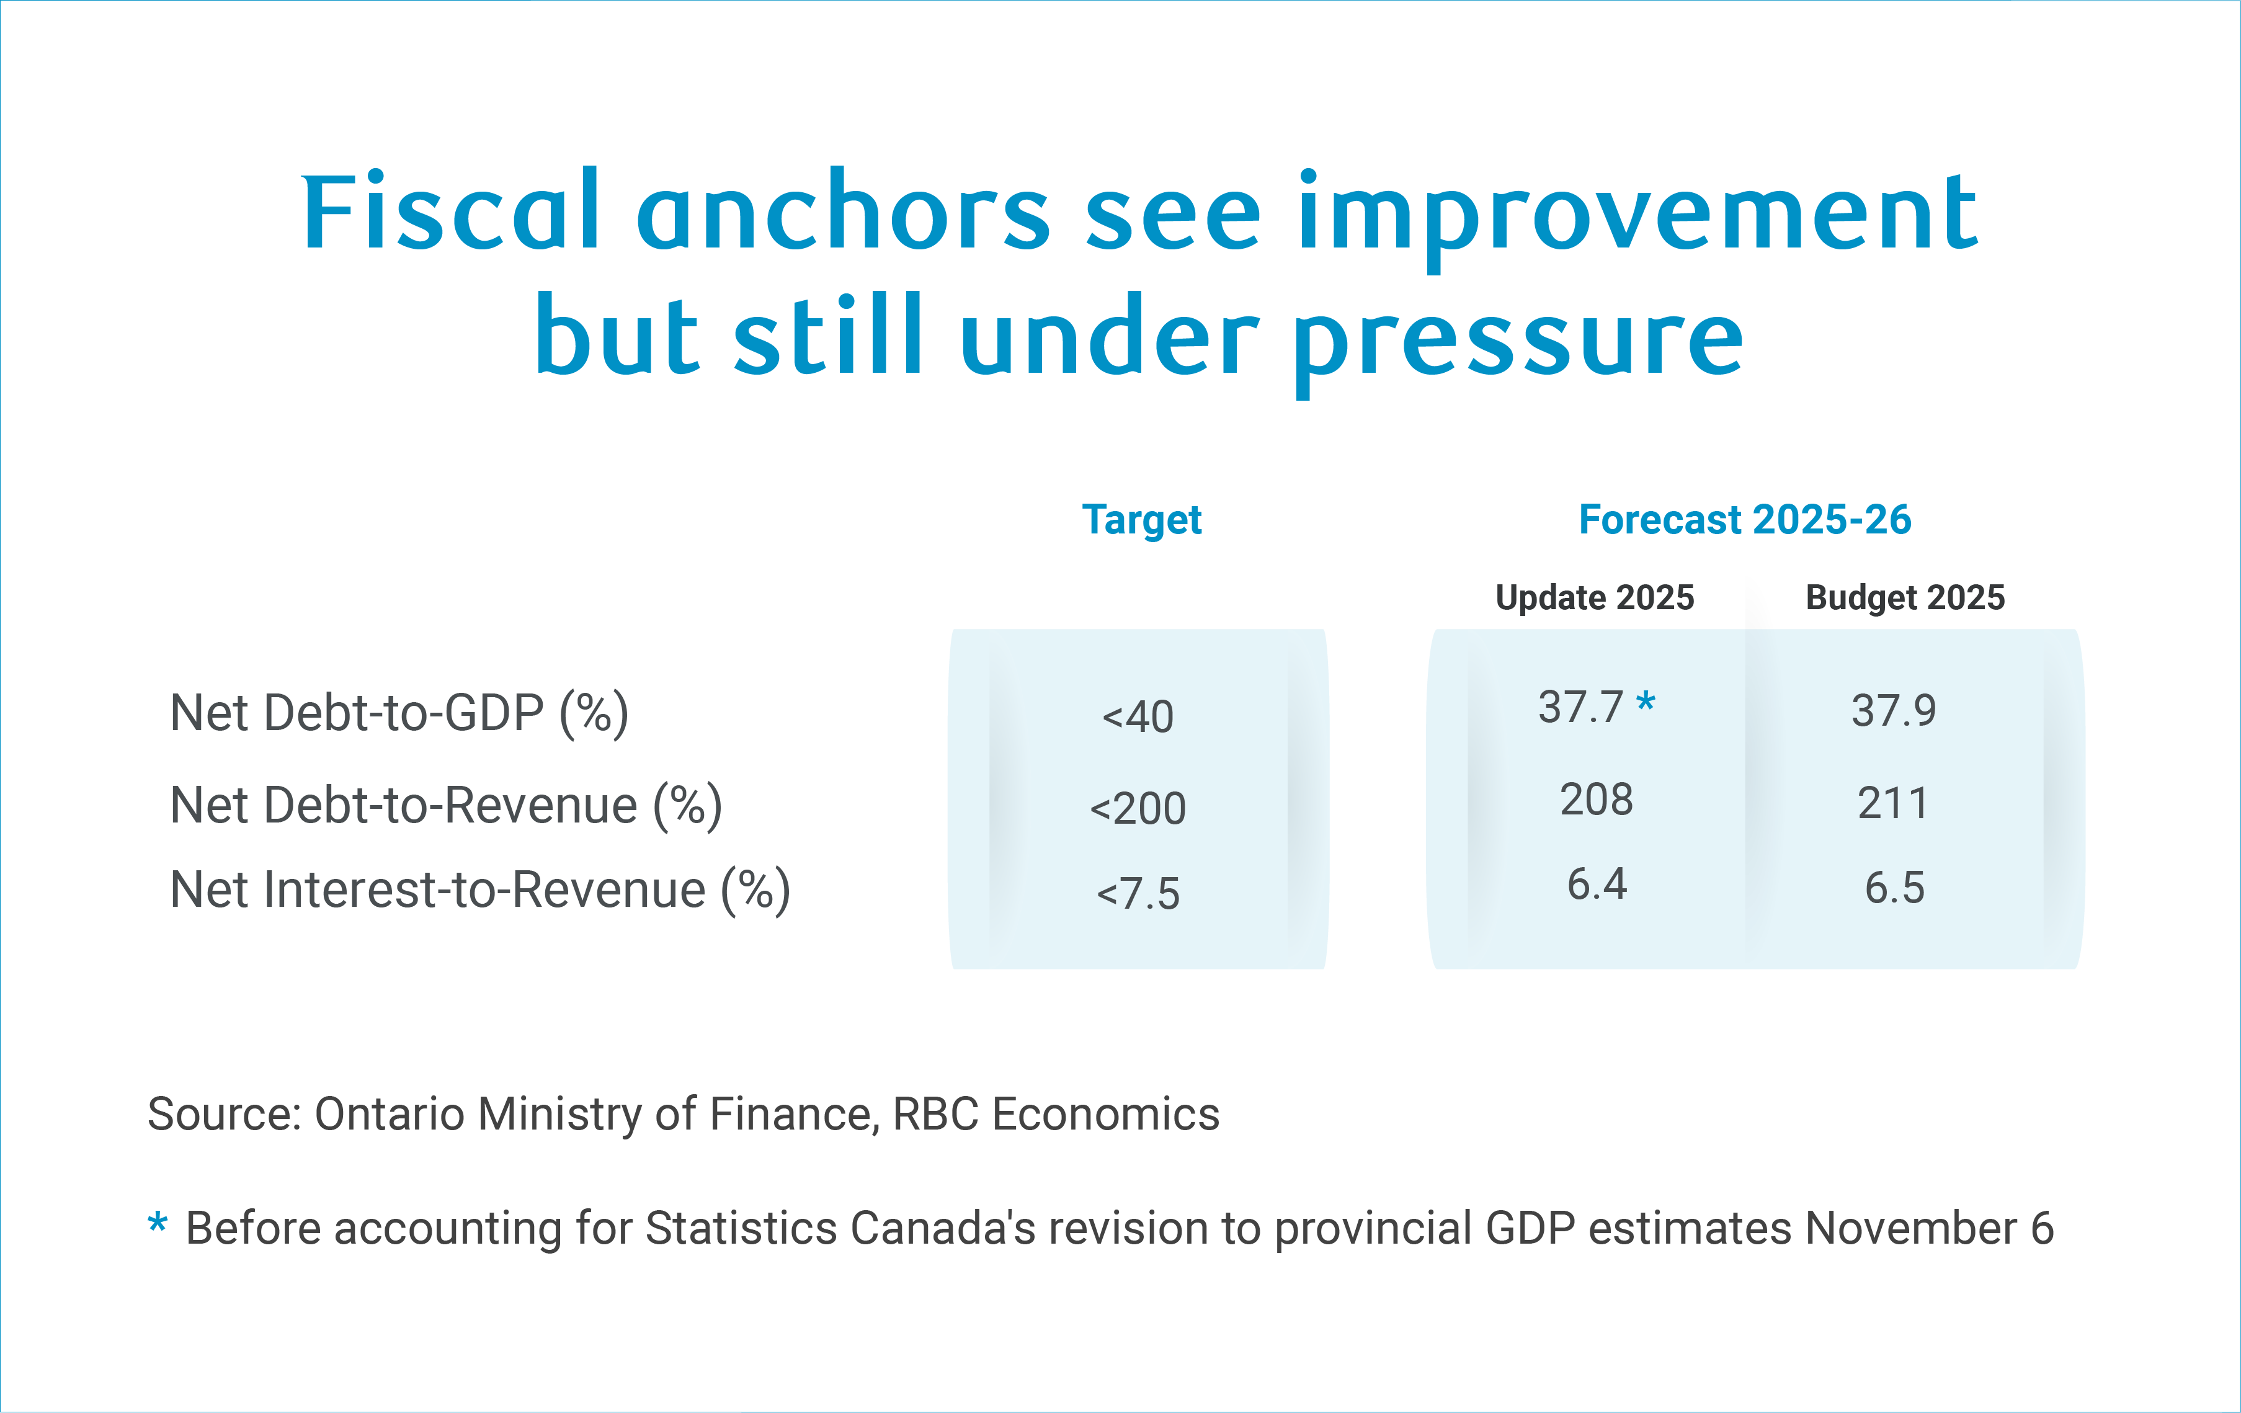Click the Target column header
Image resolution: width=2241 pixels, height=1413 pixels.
click(x=1141, y=519)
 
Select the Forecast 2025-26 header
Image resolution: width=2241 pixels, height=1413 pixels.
click(x=1744, y=519)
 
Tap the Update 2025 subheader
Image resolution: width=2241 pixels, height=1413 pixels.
click(x=1594, y=597)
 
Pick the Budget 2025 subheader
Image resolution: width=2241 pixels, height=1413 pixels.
click(x=1904, y=597)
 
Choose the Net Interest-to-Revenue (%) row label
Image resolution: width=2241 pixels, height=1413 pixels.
click(x=480, y=891)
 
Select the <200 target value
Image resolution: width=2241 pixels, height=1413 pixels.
click(x=1138, y=809)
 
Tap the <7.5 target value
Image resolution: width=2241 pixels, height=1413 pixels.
click(x=1138, y=894)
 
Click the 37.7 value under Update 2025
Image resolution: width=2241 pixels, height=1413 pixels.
click(x=1580, y=708)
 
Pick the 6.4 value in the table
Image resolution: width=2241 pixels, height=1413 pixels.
click(x=1596, y=885)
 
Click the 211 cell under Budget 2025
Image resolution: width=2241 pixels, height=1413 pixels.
click(x=1893, y=803)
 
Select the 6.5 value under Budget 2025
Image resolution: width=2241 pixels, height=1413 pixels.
click(x=1894, y=889)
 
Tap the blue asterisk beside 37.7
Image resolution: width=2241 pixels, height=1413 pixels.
click(x=1646, y=702)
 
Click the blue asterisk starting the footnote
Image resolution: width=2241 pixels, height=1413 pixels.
click(x=158, y=1223)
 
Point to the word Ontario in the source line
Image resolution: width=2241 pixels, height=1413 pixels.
click(x=389, y=1114)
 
